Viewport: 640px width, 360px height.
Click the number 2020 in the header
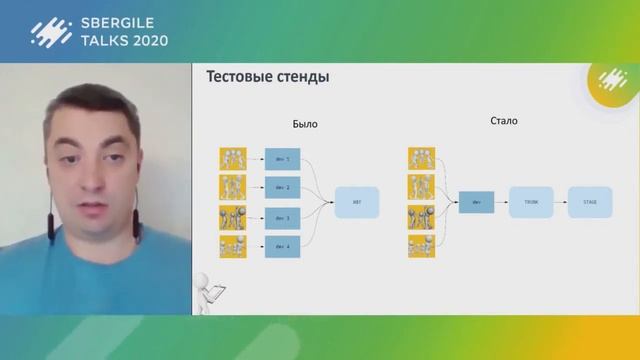pyautogui.click(x=148, y=41)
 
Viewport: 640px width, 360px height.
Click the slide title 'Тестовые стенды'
pyautogui.click(x=267, y=77)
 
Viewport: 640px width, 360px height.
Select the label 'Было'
pyautogui.click(x=304, y=126)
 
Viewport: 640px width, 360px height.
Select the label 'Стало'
pyautogui.click(x=505, y=122)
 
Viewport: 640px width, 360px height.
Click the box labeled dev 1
pyautogui.click(x=282, y=159)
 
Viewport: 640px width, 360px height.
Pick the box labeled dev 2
pyautogui.click(x=282, y=187)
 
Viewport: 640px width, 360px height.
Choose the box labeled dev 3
pyautogui.click(x=282, y=217)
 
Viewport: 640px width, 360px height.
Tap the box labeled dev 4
pyautogui.click(x=282, y=246)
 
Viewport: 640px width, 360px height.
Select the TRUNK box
pyautogui.click(x=530, y=202)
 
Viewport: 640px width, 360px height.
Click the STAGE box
pyautogui.click(x=589, y=202)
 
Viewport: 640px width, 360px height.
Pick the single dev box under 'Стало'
pyautogui.click(x=476, y=203)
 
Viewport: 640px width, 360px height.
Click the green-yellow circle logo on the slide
pyautogui.click(x=610, y=84)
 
